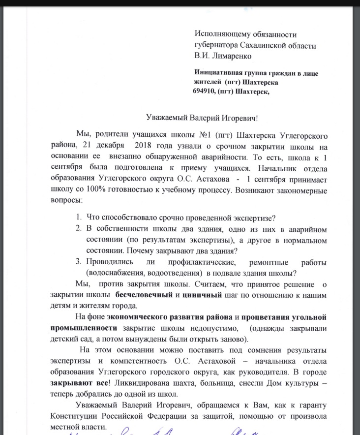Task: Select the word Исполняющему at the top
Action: [x=222, y=34]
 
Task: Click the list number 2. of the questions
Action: [x=78, y=228]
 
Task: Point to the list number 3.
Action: [x=78, y=261]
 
